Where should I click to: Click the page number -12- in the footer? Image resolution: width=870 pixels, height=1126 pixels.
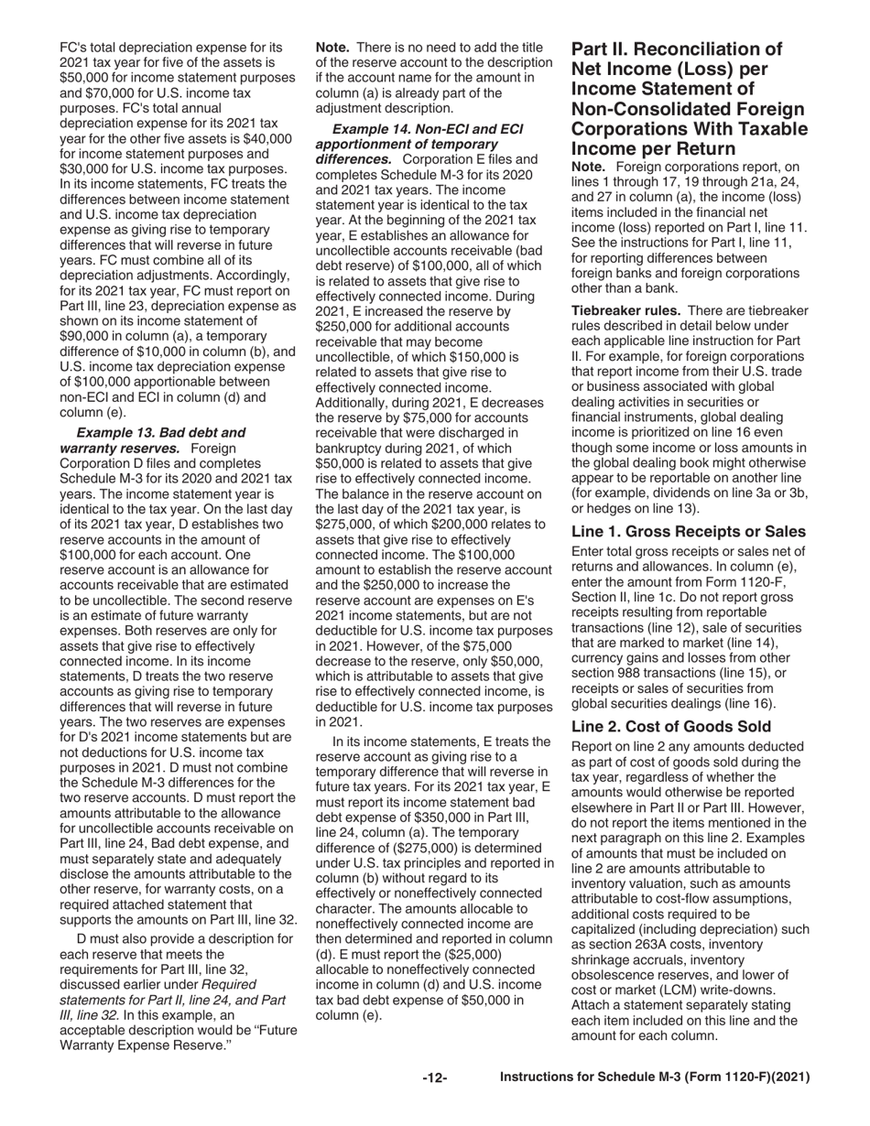pos(434,1078)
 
